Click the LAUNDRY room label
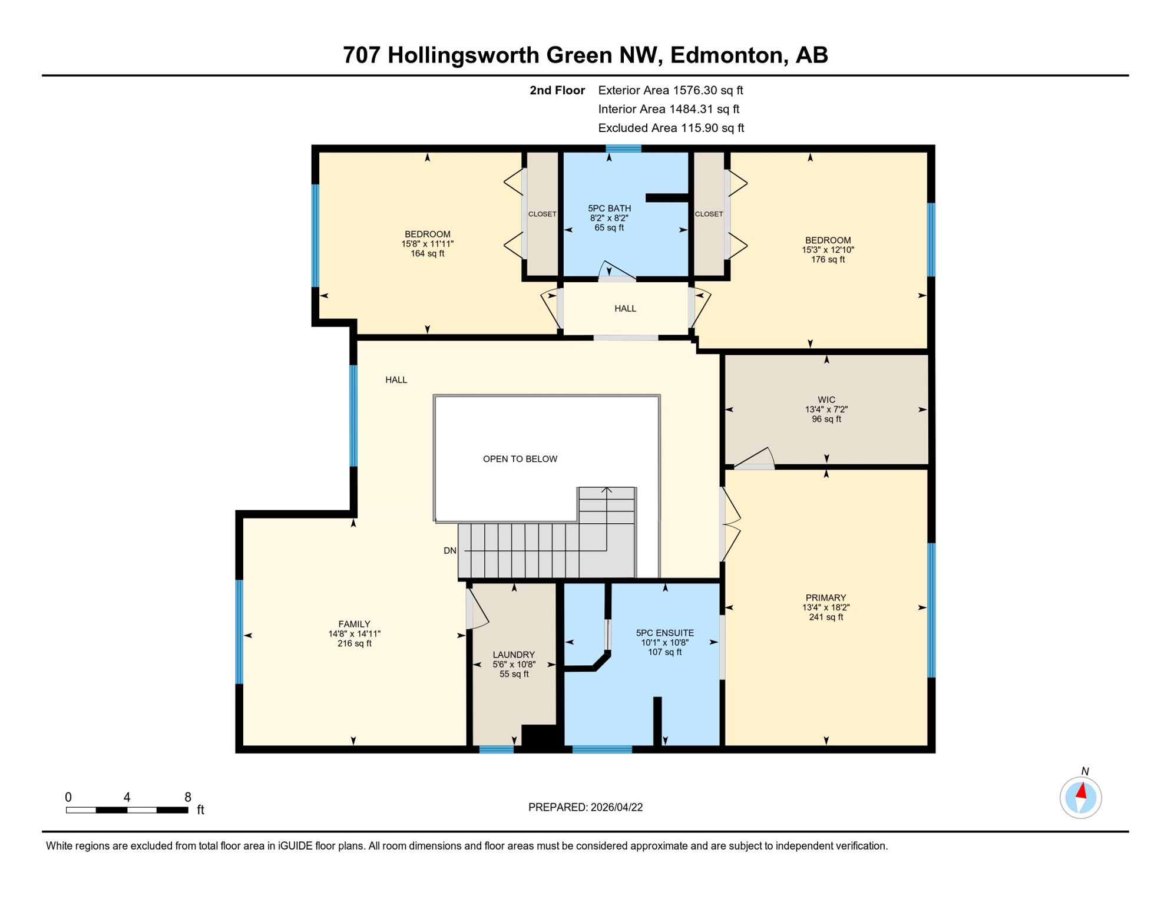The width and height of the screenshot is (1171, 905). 514,655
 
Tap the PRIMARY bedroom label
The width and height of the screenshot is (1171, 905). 826,597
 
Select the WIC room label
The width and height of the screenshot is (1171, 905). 826,399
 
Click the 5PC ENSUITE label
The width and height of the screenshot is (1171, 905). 665,633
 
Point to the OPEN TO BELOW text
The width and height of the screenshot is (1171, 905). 520,459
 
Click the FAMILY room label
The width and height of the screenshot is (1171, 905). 354,624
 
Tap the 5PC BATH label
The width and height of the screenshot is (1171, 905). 609,208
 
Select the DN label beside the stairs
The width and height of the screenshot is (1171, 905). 450,551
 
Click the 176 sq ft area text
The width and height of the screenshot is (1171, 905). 828,259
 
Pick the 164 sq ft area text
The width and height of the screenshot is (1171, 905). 427,253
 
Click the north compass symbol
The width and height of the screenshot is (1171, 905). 1080,798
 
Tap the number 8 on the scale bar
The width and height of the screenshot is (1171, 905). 188,797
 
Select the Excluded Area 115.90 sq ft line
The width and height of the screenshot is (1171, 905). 671,128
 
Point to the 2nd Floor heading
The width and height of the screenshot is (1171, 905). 557,90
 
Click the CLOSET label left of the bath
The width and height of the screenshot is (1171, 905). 542,214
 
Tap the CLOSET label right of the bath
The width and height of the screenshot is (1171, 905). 709,214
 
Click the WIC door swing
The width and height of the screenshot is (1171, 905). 756,458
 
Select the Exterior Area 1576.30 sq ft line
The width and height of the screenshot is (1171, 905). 670,90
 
